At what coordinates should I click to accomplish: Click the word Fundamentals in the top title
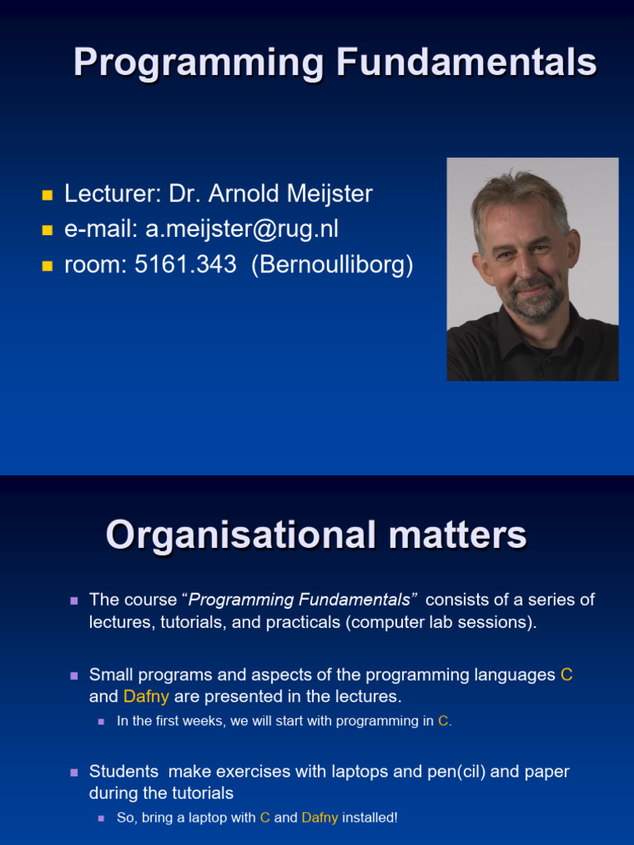point(466,62)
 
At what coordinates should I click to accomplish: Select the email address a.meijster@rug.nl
point(242,229)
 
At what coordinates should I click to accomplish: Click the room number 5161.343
point(186,264)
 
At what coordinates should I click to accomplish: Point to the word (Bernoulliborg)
point(333,265)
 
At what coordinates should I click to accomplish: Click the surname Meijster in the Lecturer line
point(329,194)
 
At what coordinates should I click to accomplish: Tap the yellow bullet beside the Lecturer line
point(47,195)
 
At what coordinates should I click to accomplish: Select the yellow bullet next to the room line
point(47,265)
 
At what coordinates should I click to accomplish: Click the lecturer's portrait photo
point(532,269)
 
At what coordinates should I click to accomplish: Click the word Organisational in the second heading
point(241,535)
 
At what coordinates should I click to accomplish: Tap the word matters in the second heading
point(457,536)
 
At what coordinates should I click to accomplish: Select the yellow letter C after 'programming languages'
point(566,675)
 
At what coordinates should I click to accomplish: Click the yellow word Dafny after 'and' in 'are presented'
point(146,696)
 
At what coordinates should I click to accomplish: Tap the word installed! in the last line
point(370,818)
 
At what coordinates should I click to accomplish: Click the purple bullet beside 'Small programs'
point(74,676)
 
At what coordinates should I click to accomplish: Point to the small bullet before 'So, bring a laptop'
point(102,818)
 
